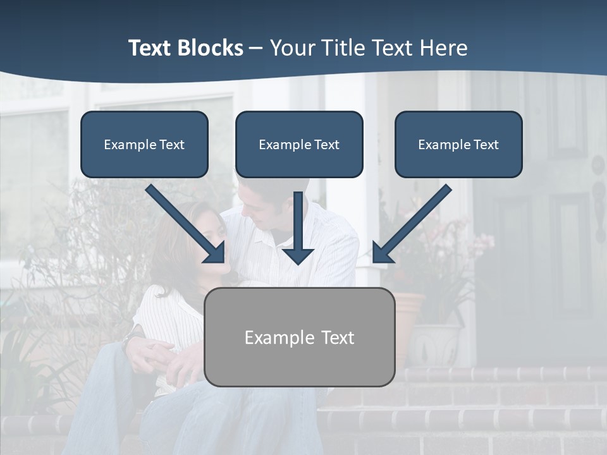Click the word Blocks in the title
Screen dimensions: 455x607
click(x=210, y=48)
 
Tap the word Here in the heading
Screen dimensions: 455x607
click(x=443, y=48)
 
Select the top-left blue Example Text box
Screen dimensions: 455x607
click(x=144, y=144)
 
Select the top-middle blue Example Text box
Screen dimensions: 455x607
click(x=299, y=144)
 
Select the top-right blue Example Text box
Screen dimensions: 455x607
click(x=458, y=144)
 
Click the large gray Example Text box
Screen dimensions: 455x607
click(x=299, y=337)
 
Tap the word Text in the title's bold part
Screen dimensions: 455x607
click(x=150, y=48)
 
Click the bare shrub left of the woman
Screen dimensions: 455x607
click(x=95, y=253)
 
